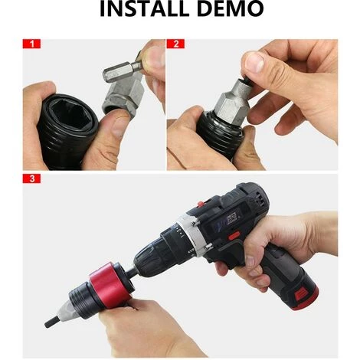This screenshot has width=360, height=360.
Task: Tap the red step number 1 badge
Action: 31,44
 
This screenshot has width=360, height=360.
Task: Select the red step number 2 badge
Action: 175,44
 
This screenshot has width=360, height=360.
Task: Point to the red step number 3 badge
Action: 31,178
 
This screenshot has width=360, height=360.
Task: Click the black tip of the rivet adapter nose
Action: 51,322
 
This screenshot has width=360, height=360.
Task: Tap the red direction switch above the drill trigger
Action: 234,235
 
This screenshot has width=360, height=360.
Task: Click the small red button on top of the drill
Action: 201,204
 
